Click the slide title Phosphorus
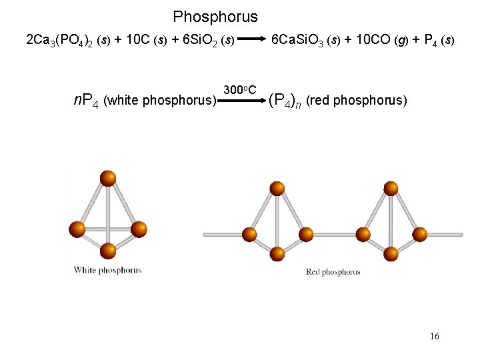click(215, 17)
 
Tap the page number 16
click(434, 336)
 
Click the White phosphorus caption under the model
click(107, 270)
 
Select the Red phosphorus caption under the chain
click(333, 271)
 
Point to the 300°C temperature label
click(240, 90)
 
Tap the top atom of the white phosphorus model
click(107, 178)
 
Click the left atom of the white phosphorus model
click(77, 230)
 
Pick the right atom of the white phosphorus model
click(138, 230)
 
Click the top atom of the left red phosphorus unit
click(276, 188)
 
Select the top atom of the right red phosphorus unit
click(392, 188)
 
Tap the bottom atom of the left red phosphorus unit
click(277, 253)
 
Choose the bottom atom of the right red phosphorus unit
click(392, 253)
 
